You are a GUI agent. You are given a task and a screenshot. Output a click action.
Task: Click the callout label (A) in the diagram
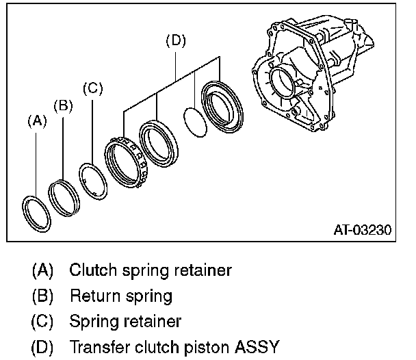coord(37,122)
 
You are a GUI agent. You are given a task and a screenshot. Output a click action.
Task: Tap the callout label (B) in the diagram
coord(63,106)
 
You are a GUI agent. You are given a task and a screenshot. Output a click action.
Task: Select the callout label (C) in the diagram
coord(92,88)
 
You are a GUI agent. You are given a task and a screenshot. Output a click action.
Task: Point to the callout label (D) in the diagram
coord(176,40)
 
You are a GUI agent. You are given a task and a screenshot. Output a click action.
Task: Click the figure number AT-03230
coord(363,230)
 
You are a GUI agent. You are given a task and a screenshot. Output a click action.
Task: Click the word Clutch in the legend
coord(93,270)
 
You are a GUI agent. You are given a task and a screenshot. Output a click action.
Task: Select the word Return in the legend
coord(95,296)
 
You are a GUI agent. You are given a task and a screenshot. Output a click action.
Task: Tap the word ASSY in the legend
coord(257,346)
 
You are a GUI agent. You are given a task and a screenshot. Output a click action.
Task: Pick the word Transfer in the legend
coord(100,346)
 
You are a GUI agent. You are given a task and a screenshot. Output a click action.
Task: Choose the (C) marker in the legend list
coord(42,322)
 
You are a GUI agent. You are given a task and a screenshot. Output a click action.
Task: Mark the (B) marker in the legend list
coord(42,296)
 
